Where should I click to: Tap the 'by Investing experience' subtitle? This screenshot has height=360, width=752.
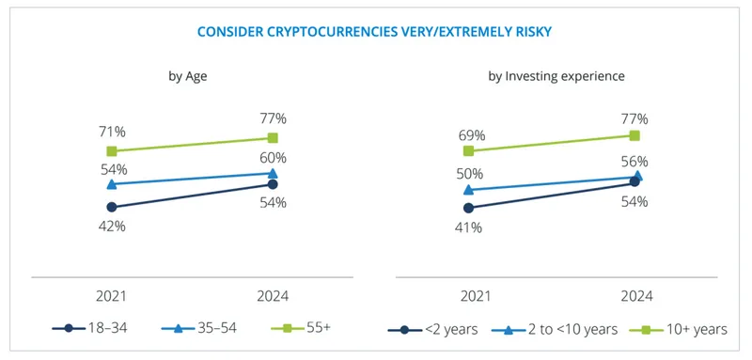point(556,76)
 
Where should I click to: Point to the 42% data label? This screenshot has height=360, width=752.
point(111,227)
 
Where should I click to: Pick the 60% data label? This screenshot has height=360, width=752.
point(273,157)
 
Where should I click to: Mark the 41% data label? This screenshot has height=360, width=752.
point(469,227)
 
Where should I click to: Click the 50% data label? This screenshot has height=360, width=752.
point(469,174)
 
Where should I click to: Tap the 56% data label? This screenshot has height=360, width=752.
point(636,161)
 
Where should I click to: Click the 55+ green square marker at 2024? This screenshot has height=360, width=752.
point(273,138)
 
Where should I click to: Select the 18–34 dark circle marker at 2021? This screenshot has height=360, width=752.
point(112,207)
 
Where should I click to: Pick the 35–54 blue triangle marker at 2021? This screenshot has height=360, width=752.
point(112,184)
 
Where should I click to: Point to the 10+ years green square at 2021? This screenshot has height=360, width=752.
point(469,150)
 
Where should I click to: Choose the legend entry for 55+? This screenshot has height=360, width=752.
point(303,328)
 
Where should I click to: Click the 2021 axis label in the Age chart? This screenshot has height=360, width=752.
point(111,296)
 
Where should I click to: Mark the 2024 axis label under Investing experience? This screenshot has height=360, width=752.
point(636,296)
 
